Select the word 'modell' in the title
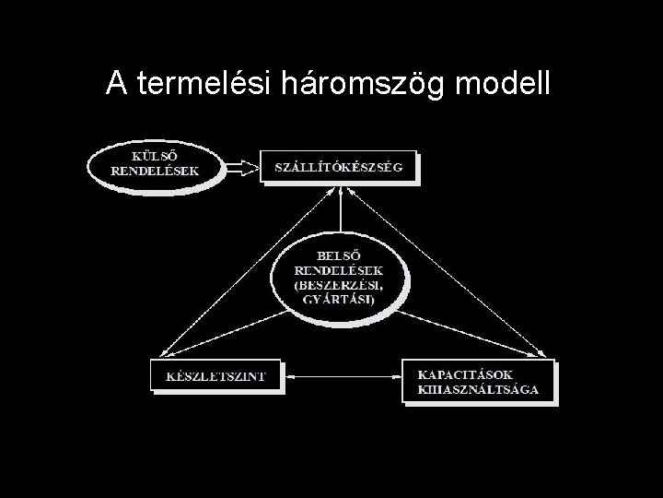click(503, 84)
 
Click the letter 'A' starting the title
click(115, 84)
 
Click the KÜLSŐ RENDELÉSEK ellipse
click(155, 164)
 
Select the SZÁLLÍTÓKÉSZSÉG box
click(339, 167)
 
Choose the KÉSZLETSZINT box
click(215, 375)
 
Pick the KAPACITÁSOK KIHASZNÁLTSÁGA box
click(478, 381)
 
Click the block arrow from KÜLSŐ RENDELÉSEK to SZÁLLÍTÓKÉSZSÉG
click(242, 167)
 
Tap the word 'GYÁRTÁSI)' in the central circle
click(339, 301)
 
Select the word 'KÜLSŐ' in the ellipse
click(155, 156)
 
